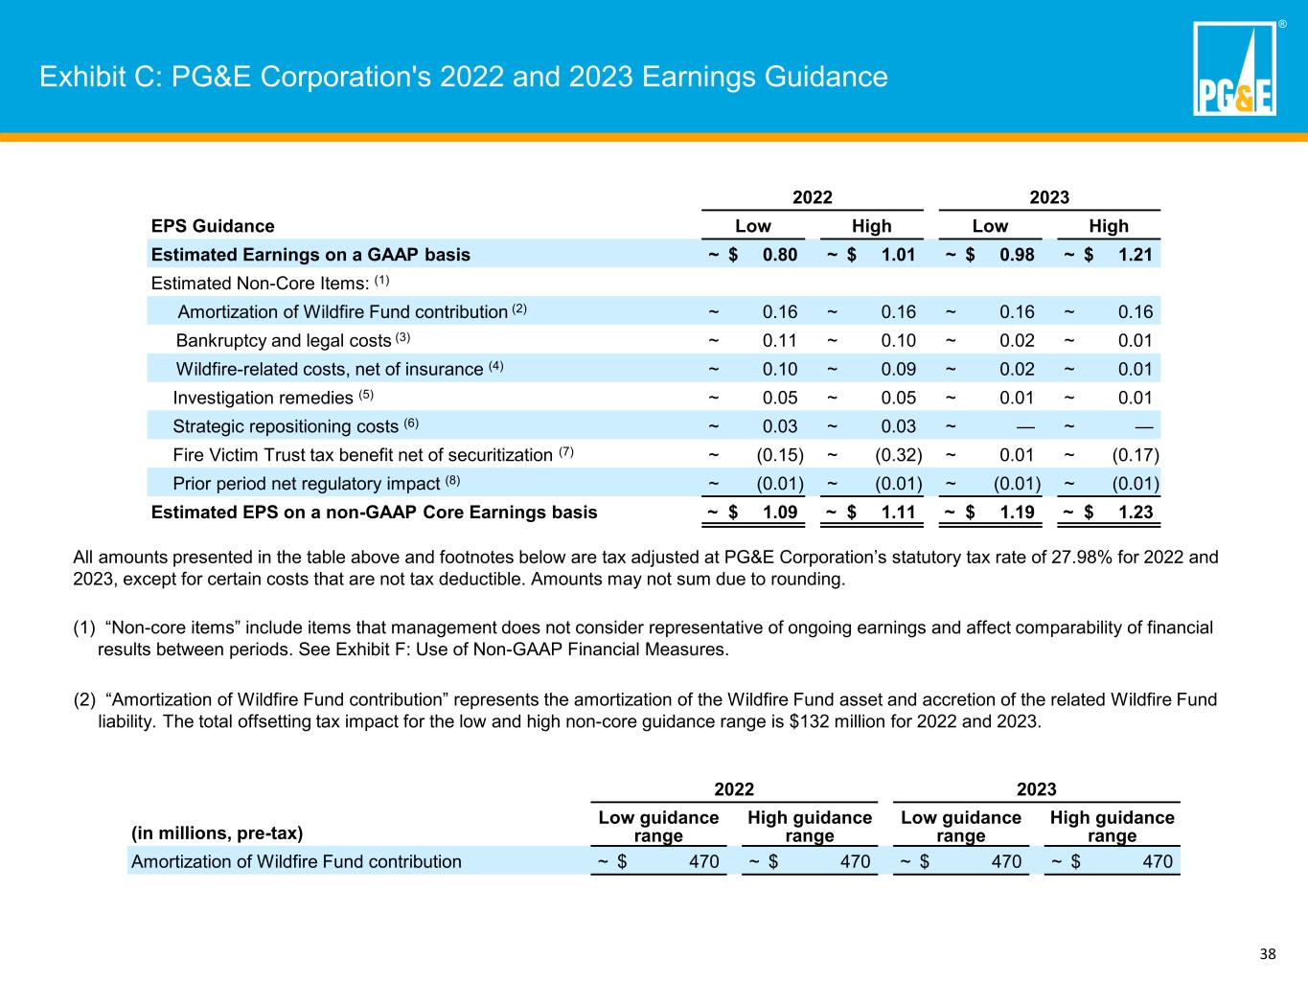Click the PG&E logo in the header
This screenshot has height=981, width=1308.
click(x=1234, y=68)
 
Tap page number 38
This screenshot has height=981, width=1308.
click(x=1268, y=954)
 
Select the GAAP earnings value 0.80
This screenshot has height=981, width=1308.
click(x=779, y=254)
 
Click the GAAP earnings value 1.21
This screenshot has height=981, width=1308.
click(x=1136, y=254)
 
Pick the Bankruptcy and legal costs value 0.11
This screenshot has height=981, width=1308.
click(x=779, y=340)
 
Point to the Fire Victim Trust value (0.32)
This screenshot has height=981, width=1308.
click(x=899, y=455)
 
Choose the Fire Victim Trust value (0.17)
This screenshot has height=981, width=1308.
click(x=1136, y=455)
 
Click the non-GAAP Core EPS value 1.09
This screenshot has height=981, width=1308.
click(x=779, y=513)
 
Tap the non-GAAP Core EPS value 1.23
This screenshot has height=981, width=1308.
click(x=1136, y=513)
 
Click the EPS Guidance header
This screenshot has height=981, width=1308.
click(x=213, y=226)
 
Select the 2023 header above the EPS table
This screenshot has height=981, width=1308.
click(x=1049, y=197)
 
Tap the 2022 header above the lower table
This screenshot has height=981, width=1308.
click(x=734, y=789)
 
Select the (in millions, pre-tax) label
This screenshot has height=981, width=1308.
click(x=217, y=833)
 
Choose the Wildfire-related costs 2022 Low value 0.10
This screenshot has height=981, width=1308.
click(x=779, y=369)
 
